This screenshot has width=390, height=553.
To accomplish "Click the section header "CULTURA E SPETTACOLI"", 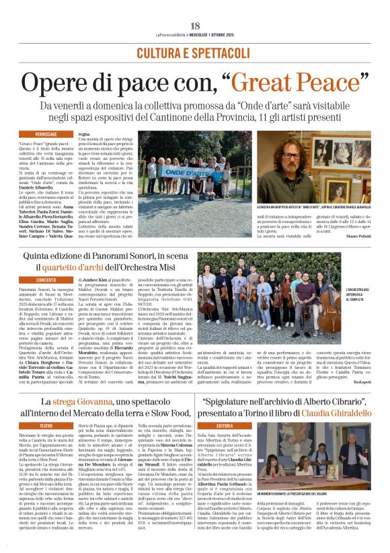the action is [195, 52].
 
